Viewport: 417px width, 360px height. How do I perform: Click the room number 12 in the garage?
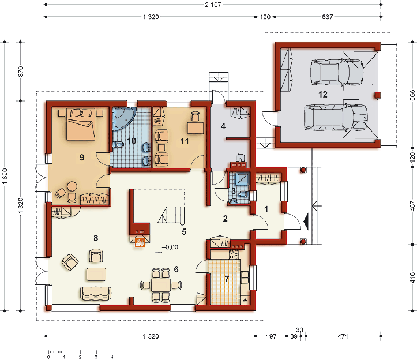(x=323, y=95)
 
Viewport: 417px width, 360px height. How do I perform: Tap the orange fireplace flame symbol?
(x=140, y=243)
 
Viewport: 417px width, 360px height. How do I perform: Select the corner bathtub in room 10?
(x=124, y=118)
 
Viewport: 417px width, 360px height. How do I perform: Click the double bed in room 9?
(x=81, y=123)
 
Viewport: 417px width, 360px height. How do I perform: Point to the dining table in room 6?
(x=161, y=285)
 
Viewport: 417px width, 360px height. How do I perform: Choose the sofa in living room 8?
(x=96, y=294)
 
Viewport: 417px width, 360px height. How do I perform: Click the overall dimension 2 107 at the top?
(x=213, y=5)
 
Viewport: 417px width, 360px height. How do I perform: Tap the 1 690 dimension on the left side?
(x=5, y=176)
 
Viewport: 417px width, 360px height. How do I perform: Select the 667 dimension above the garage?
(x=328, y=17)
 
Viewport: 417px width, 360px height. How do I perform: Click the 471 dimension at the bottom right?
(x=343, y=336)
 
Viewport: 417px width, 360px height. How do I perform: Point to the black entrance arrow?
(x=306, y=222)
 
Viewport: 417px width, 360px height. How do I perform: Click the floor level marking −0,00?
(x=170, y=247)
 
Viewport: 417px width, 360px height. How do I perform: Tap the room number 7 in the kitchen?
(x=227, y=279)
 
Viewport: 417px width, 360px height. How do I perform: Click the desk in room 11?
(x=196, y=127)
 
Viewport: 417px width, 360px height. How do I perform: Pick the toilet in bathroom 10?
(x=118, y=145)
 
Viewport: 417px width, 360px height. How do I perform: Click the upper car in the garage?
(x=337, y=72)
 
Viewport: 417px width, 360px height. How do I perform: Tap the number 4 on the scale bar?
(x=112, y=357)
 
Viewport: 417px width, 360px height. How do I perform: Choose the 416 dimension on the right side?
(x=412, y=277)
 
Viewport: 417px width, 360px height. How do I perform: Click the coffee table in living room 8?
(x=96, y=274)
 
